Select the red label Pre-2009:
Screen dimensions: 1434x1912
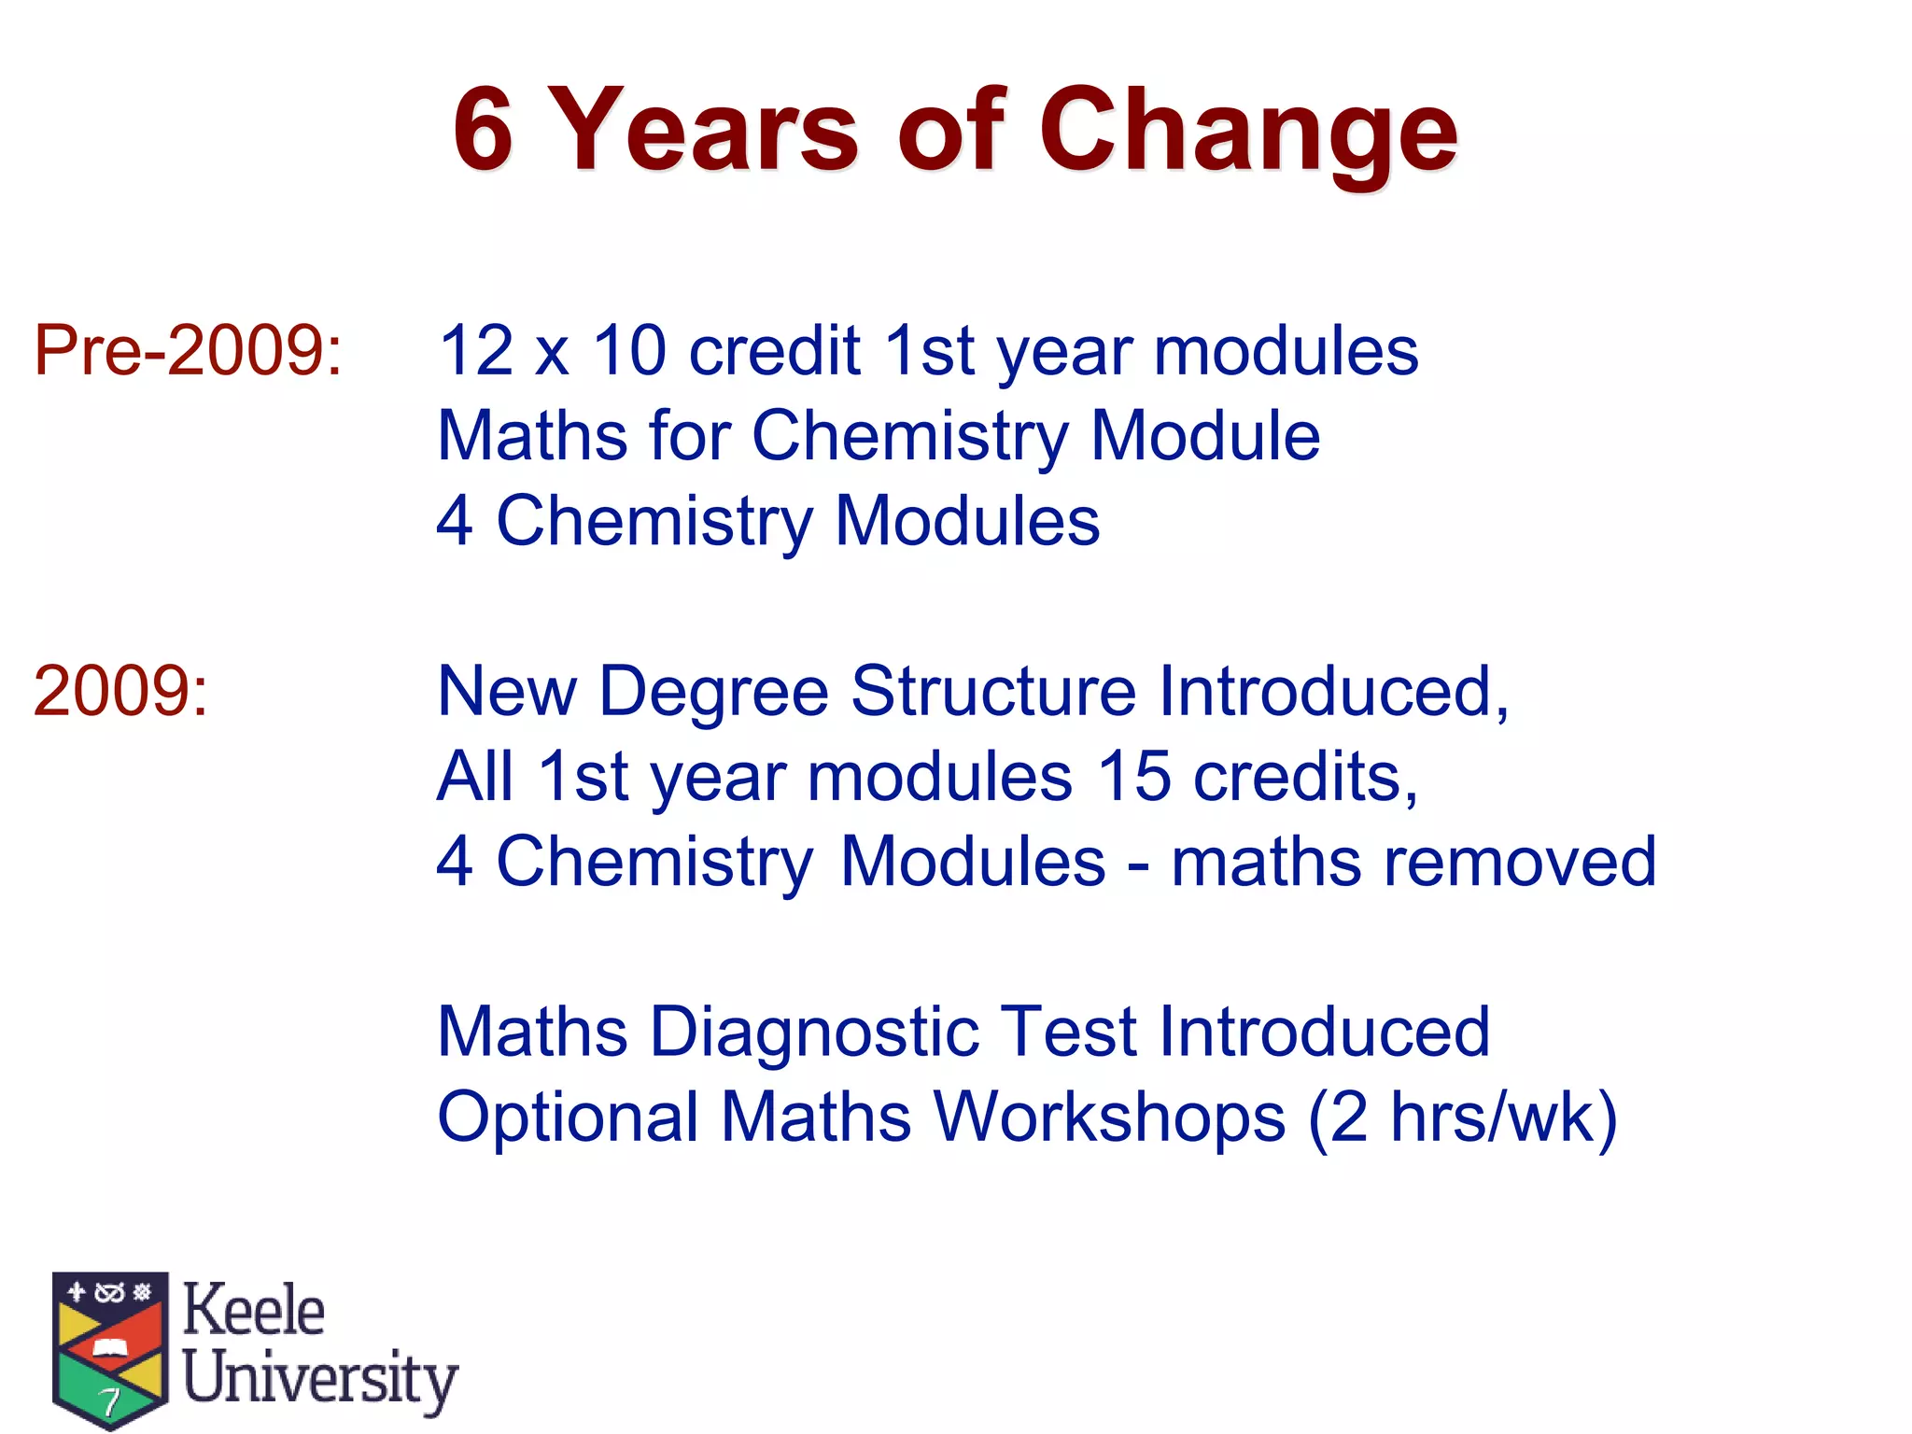click(188, 351)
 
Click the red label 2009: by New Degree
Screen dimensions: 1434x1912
click(120, 692)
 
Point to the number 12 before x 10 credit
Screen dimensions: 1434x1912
click(476, 351)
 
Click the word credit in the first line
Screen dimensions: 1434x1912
click(774, 351)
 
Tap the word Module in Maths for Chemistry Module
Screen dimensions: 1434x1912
click(1204, 436)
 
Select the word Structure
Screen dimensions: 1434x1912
click(993, 692)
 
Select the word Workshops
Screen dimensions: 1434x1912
click(1109, 1118)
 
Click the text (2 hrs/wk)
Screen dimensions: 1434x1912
click(1462, 1118)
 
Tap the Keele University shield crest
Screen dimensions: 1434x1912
click(110, 1349)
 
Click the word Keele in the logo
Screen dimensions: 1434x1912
click(253, 1310)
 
